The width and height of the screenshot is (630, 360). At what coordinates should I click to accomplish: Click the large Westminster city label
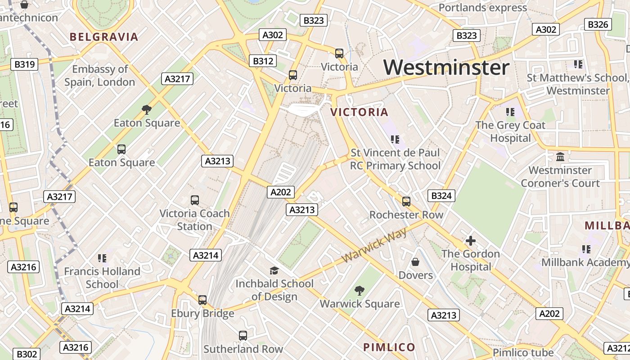point(446,67)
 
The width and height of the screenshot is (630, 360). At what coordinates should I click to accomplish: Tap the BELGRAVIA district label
point(104,37)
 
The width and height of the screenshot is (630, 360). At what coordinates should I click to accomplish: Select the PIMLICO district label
point(389,347)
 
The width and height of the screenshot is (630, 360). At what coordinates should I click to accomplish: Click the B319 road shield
point(25,64)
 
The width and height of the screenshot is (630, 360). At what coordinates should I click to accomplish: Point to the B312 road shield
point(263,61)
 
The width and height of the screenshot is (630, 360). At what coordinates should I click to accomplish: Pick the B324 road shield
point(441,196)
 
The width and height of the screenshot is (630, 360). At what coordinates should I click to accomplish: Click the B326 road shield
point(598,24)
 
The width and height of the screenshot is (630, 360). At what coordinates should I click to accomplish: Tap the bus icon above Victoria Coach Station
point(195,200)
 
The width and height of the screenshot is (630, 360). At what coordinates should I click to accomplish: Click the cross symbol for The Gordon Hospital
point(471,241)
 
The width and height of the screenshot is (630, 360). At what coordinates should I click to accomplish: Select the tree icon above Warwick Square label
point(359,290)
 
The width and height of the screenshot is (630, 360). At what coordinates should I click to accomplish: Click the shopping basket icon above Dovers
point(415,261)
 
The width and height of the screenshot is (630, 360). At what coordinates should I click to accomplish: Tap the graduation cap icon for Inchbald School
point(274,270)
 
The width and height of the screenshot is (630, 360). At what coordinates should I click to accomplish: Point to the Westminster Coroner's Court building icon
point(560,157)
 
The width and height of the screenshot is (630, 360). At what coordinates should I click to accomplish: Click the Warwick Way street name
point(374,246)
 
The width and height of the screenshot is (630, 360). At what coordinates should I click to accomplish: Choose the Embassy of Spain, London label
point(99,76)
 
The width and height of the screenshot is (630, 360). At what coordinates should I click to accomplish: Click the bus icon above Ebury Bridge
point(202,300)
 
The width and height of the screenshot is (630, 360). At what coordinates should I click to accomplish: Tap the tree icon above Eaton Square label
point(146,109)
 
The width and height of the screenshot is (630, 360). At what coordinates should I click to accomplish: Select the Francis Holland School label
point(102,278)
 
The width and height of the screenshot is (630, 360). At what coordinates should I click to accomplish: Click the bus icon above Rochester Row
point(406,201)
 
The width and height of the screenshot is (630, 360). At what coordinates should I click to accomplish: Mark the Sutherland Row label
point(243,349)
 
